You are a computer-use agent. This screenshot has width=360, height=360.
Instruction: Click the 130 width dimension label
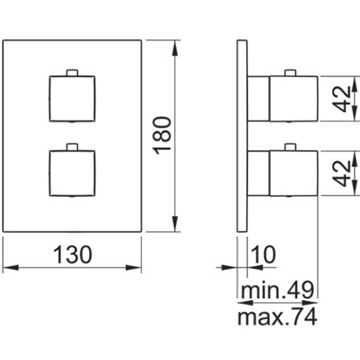(x=73, y=255)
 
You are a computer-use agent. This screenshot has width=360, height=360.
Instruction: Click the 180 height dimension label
(x=162, y=136)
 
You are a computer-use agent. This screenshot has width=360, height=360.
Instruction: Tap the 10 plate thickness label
(x=263, y=255)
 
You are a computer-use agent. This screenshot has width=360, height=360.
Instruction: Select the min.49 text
(x=278, y=290)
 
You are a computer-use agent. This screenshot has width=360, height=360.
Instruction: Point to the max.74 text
(x=278, y=317)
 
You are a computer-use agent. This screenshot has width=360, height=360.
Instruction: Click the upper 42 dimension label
(x=342, y=99)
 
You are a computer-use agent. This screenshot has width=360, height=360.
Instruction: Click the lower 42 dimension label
(x=342, y=173)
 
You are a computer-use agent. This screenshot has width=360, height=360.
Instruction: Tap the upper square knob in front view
(x=72, y=99)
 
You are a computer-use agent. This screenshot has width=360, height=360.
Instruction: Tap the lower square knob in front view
(x=72, y=173)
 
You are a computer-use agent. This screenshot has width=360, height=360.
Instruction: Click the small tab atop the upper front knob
(x=72, y=73)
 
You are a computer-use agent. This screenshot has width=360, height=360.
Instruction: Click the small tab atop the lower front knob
(x=72, y=147)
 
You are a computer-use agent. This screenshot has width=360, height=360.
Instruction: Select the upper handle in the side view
(x=294, y=99)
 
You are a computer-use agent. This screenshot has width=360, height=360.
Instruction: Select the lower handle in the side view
(x=294, y=173)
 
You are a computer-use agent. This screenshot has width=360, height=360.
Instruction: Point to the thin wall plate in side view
(x=242, y=136)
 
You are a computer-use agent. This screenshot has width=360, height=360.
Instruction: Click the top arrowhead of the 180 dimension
(x=175, y=48)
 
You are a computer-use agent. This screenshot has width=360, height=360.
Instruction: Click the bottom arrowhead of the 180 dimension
(x=175, y=224)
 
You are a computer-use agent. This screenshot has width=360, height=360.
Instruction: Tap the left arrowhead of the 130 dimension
(x=10, y=267)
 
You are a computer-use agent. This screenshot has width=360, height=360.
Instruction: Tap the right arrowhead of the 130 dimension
(x=133, y=267)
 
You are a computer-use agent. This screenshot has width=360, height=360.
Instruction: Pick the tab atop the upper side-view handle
(x=290, y=73)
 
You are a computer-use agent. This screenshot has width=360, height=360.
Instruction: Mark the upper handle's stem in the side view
(x=258, y=99)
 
